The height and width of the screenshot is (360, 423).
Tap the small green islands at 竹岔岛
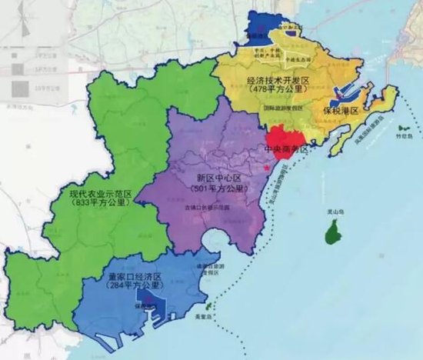(403, 132)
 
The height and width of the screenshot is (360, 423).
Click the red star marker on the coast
(267, 167)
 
